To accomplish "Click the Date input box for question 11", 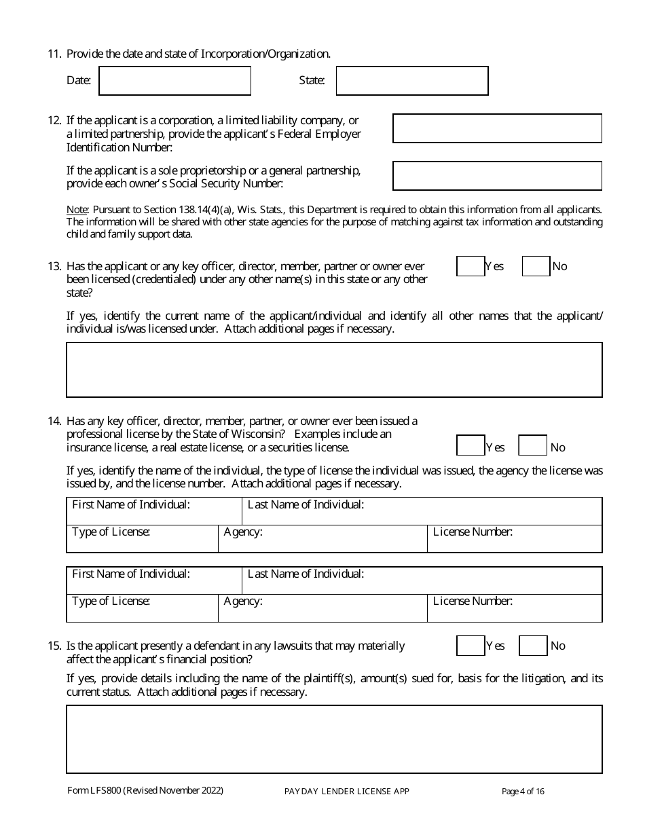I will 175,81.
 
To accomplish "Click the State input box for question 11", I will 412,81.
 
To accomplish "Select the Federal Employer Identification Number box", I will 497,128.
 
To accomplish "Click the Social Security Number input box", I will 497,176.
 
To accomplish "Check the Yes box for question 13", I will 471,267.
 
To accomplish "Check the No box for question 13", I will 536,267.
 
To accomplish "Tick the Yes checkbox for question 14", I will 471,445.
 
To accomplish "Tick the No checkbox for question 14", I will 532,445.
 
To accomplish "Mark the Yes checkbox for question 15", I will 471,646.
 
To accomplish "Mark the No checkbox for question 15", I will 532,646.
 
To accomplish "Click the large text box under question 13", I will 334,370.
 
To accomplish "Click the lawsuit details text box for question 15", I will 334,739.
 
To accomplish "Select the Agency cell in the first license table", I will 322,539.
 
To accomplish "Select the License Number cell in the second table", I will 515,608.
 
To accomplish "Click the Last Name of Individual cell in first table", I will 422,511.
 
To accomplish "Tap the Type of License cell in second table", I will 142,608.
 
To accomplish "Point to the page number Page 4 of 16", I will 523,791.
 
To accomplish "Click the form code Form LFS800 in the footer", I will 94,790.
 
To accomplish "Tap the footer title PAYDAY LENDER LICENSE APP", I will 346,791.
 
